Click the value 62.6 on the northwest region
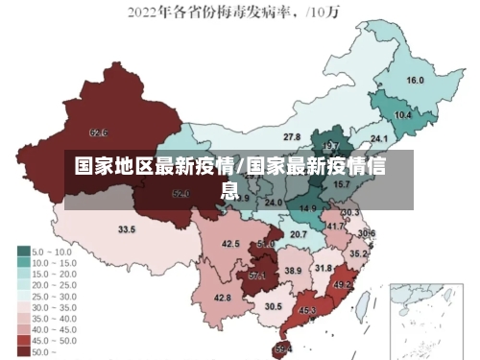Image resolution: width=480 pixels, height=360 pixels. coord(98,132)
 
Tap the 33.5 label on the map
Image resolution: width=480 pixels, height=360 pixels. coord(127,230)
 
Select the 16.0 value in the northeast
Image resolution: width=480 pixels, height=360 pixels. coord(416,80)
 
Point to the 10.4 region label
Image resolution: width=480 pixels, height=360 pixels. coord(403,115)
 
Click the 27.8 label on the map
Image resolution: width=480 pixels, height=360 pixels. coord(292,137)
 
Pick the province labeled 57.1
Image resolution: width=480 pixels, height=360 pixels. coord(257,276)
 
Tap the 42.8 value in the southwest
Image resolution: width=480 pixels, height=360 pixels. coord(222,299)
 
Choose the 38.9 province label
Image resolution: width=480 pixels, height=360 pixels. coord(293,272)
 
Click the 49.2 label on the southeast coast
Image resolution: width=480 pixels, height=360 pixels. coord(342,285)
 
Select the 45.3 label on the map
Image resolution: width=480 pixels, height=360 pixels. coord(307,311)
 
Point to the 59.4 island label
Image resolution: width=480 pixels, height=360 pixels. coord(283,348)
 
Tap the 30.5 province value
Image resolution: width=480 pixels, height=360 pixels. coord(274,306)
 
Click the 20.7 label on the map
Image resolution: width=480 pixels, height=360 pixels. coord(299,234)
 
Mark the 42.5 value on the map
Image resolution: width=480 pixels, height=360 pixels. coord(230,245)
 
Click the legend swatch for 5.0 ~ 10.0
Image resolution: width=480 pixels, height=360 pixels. coord(23,251)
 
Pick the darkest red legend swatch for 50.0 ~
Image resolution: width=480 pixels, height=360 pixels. coord(23,352)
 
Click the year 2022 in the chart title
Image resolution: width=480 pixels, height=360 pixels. coord(145,12)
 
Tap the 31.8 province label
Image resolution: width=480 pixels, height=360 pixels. coord(324,268)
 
